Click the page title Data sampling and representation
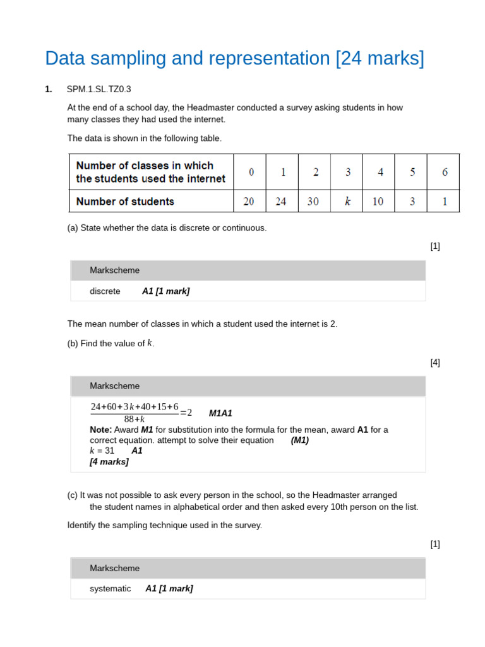(234, 59)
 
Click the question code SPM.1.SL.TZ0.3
(99, 89)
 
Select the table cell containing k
(347, 202)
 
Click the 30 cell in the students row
(313, 202)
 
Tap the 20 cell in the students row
(249, 202)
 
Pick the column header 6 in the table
(445, 172)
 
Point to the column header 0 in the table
(251, 172)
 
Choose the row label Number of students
(125, 202)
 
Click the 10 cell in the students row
(378, 202)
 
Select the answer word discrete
(105, 291)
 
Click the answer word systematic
(111, 588)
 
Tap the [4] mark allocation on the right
(435, 362)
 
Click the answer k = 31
(102, 450)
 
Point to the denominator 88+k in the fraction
(135, 419)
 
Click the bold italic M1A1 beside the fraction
(220, 413)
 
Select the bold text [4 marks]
(109, 461)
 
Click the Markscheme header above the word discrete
(114, 270)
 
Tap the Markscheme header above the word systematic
(114, 568)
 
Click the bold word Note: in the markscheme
(100, 430)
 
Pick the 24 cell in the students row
(281, 202)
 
